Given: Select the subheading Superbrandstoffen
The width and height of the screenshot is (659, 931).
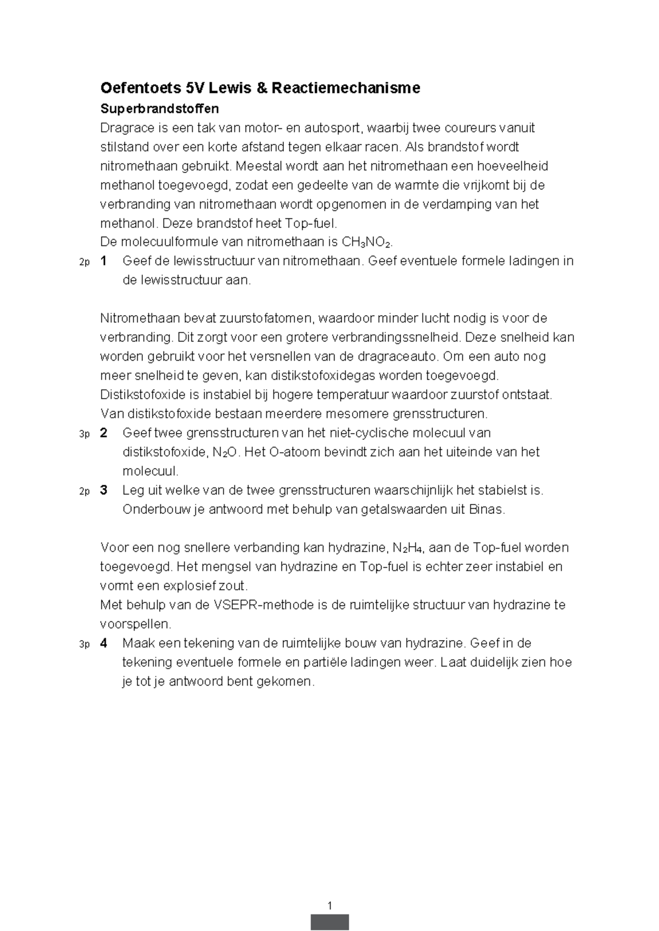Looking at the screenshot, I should (159, 109).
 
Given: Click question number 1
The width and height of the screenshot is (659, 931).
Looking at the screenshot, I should (104, 261).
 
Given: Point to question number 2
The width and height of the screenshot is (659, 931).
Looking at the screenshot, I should (104, 433).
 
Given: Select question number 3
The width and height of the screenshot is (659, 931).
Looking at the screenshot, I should (104, 490).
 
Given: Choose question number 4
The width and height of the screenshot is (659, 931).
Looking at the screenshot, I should (104, 643).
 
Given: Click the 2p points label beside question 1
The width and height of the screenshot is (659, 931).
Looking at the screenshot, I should (83, 262).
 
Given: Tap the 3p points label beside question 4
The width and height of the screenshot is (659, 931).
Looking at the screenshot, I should (83, 644).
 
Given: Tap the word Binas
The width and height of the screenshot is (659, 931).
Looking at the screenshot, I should (486, 509).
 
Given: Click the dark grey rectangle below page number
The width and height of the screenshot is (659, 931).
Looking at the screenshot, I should (329, 922).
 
